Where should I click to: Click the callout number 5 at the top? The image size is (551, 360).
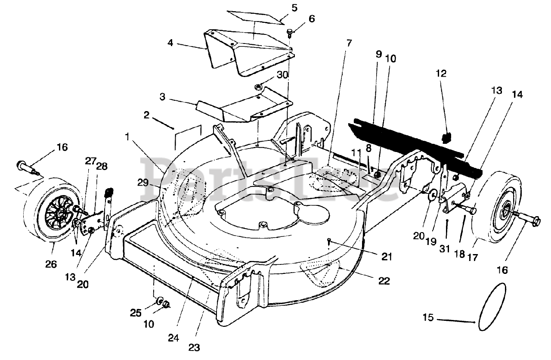[294, 8]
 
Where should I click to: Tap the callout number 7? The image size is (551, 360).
[349, 43]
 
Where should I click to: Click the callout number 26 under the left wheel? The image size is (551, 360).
[51, 264]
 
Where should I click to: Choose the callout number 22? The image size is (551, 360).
[384, 281]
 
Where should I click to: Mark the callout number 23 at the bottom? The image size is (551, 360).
[193, 347]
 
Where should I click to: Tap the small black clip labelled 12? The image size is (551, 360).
[446, 137]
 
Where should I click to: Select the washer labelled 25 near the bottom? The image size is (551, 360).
[159, 300]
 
